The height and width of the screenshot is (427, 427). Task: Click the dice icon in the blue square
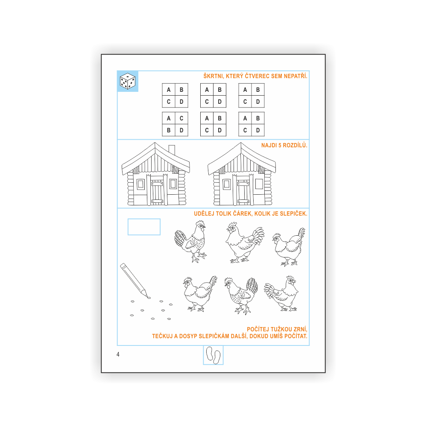[127, 81]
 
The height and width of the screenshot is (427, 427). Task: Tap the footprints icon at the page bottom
[213, 355]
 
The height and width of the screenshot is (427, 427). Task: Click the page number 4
[118, 354]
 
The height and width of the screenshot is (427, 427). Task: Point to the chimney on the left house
[172, 150]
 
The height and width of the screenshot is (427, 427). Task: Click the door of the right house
[243, 192]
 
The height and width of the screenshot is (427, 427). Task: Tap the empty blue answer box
[144, 227]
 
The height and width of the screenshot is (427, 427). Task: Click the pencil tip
[149, 297]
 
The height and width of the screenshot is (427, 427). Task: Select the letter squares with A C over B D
[175, 124]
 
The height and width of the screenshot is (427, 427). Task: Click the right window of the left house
[173, 184]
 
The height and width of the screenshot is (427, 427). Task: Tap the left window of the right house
[227, 184]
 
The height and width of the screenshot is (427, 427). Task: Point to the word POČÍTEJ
[257, 329]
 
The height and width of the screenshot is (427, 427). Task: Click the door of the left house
[157, 193]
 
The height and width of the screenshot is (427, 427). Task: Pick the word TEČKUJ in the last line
[162, 336]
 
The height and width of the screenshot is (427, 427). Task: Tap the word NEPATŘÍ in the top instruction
[295, 76]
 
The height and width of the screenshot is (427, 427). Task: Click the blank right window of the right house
[259, 184]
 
